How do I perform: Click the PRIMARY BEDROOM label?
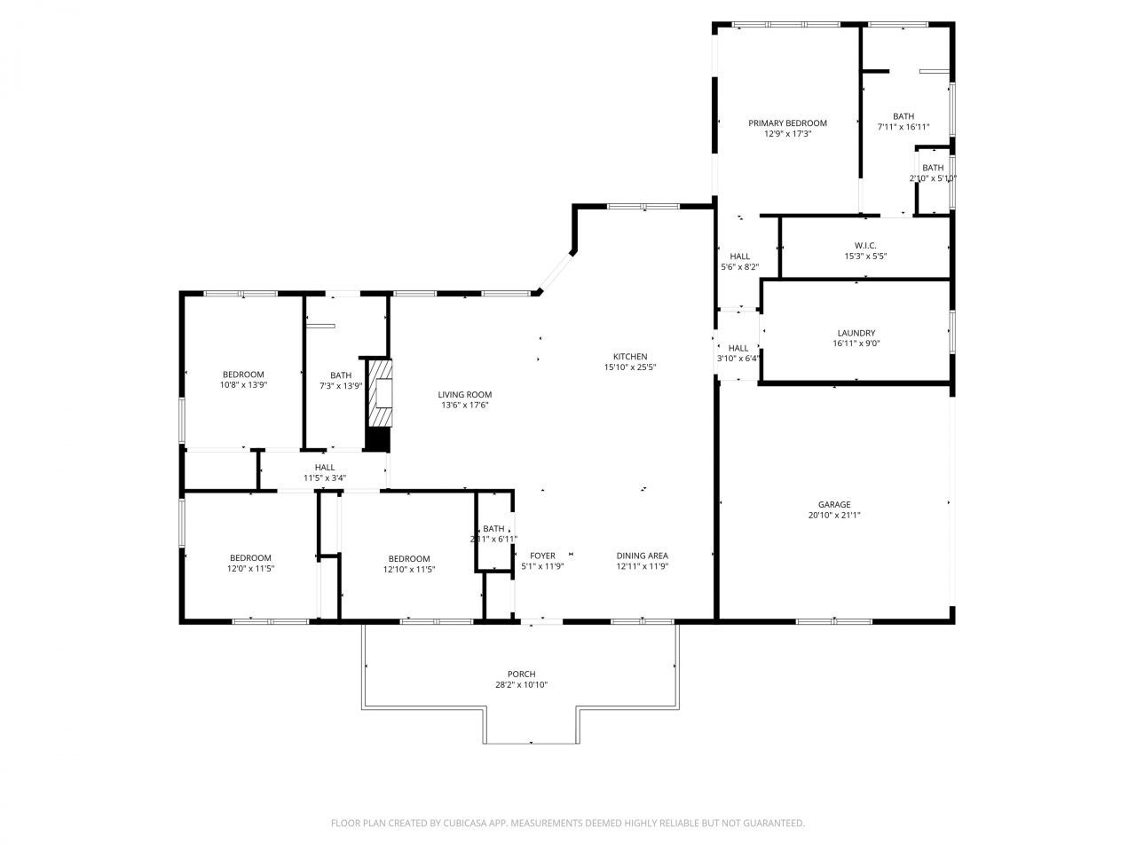point(787,123)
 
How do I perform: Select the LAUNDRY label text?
point(856,333)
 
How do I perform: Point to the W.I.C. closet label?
point(865,246)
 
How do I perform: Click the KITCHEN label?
point(630,357)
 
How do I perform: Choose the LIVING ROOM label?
point(464,395)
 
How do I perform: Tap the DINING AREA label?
point(642,556)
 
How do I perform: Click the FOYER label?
point(542,556)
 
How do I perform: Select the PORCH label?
point(521,674)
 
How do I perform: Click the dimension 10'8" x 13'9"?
point(243,385)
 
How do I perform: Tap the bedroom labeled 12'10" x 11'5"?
point(409,558)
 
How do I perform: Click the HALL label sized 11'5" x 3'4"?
point(325,468)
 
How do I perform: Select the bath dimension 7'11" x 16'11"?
point(903,127)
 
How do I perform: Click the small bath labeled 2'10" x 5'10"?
point(933,168)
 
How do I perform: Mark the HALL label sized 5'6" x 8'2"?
point(739,256)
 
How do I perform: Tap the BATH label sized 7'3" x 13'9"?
point(341,375)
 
